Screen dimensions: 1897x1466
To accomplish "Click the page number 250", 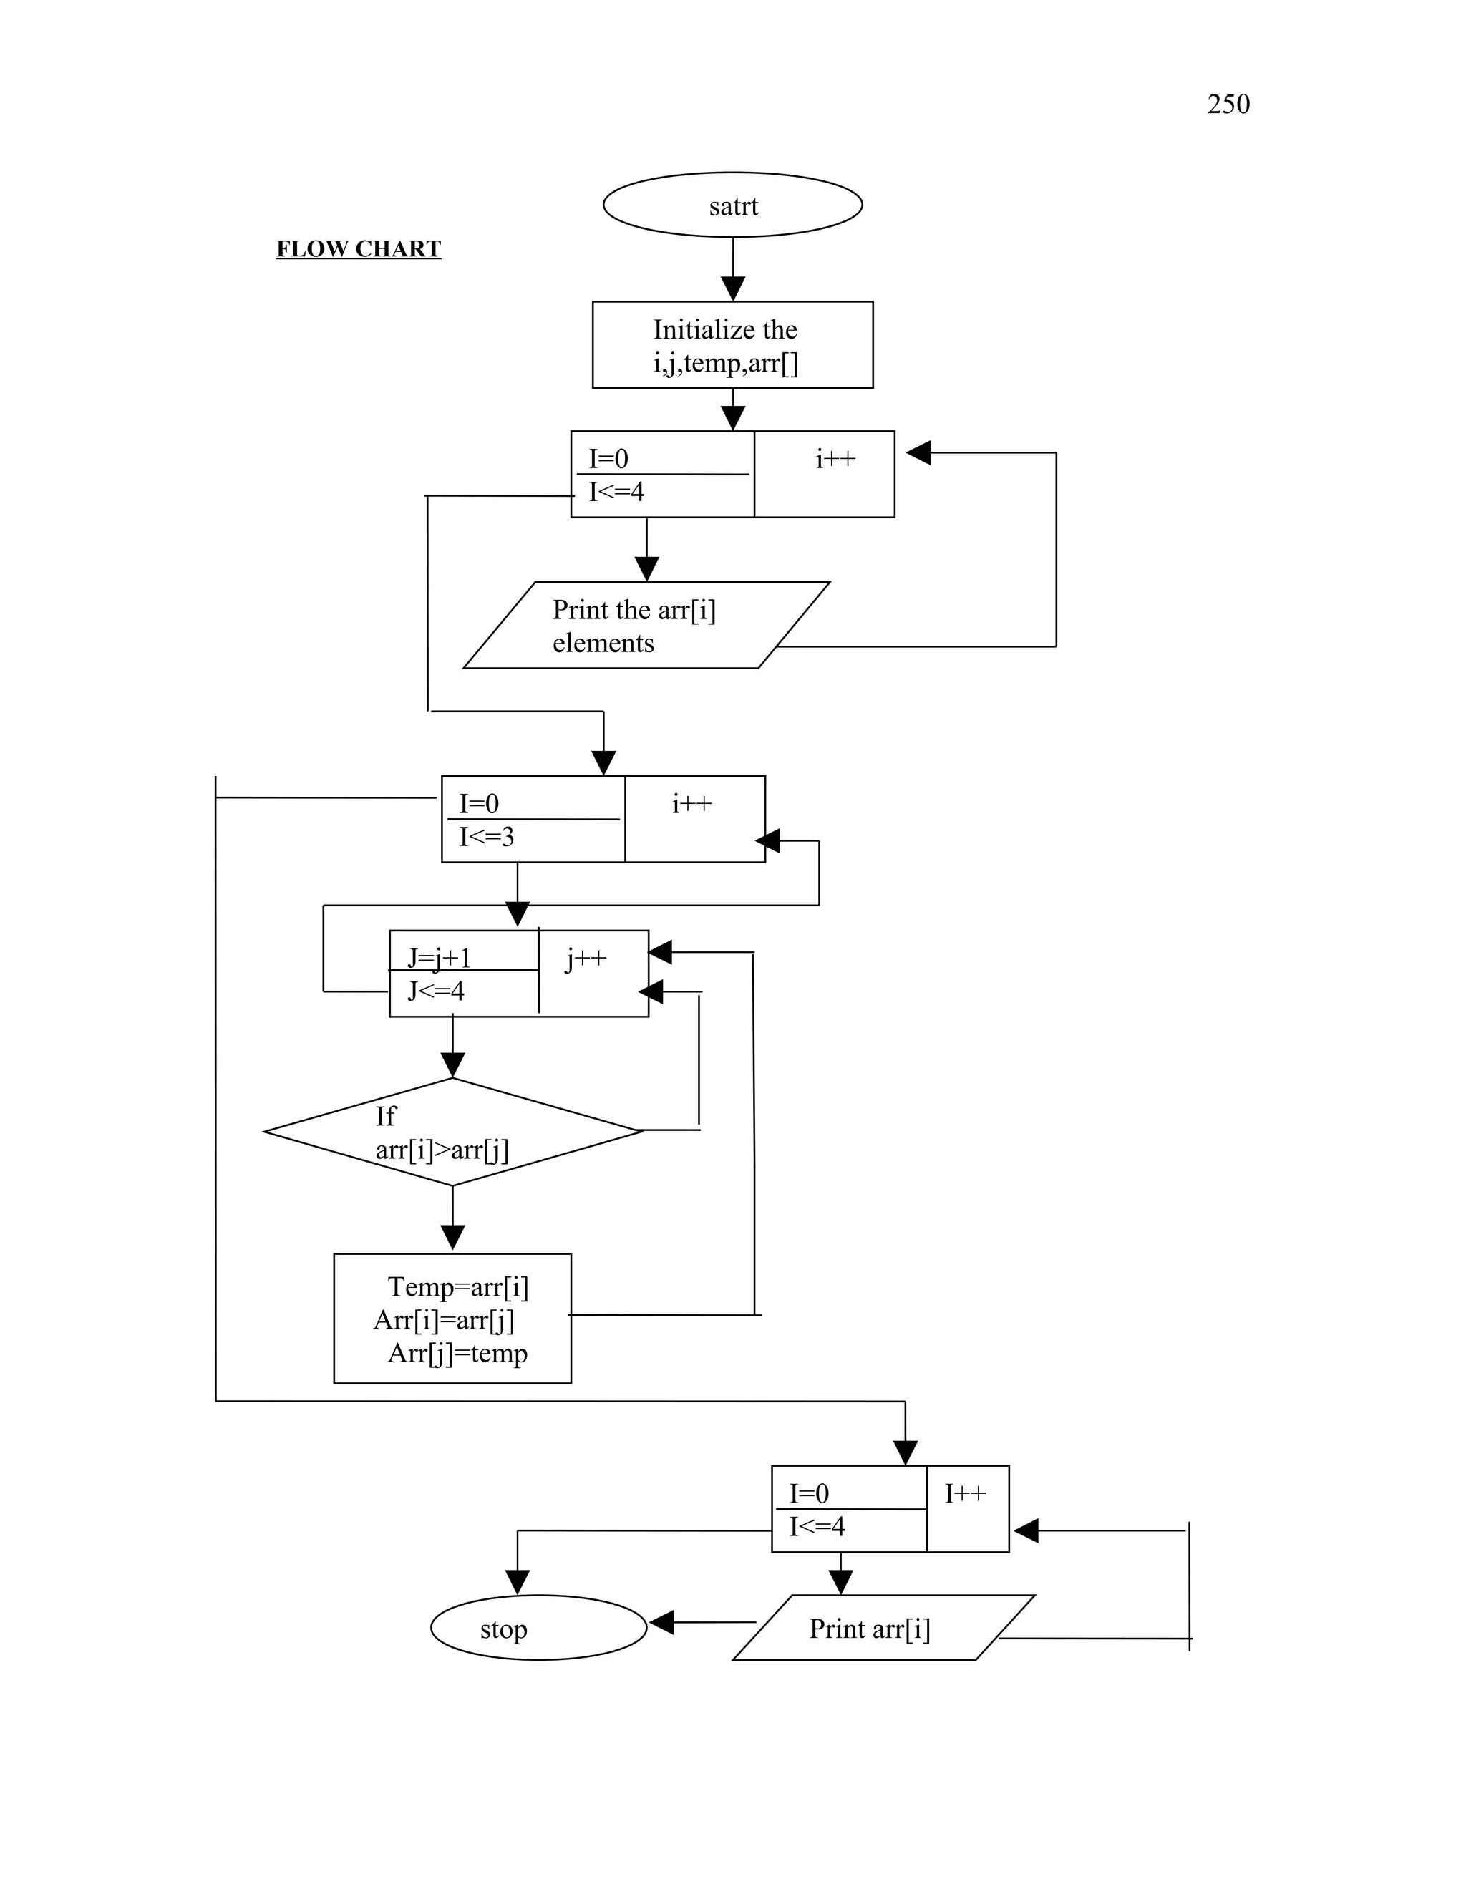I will (1228, 105).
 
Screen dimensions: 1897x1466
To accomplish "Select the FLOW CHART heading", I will (359, 249).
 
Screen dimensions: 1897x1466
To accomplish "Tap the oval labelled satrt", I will (733, 205).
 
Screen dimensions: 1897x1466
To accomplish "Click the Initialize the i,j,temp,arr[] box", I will (732, 345).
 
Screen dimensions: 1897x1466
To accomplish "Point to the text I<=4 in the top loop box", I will (616, 493).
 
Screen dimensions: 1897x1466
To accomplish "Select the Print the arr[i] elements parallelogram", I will (646, 626).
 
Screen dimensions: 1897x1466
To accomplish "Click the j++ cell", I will (586, 960).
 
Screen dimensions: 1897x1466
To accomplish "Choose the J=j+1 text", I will (440, 958).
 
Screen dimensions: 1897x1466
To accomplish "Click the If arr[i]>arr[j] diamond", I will (452, 1132).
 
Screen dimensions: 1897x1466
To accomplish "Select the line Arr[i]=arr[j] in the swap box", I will (444, 1320).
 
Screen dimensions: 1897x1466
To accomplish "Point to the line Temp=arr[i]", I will (457, 1286).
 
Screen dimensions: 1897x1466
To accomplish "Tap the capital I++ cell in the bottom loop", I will (965, 1494).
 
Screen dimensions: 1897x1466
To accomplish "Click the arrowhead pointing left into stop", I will (662, 1621).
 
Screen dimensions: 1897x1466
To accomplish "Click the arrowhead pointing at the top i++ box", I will (918, 452).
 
